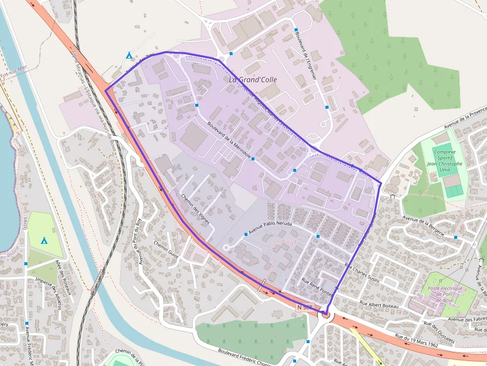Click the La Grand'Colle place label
[253, 79]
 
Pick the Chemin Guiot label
[166, 248]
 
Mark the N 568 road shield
[304, 308]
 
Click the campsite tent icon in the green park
[44, 240]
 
